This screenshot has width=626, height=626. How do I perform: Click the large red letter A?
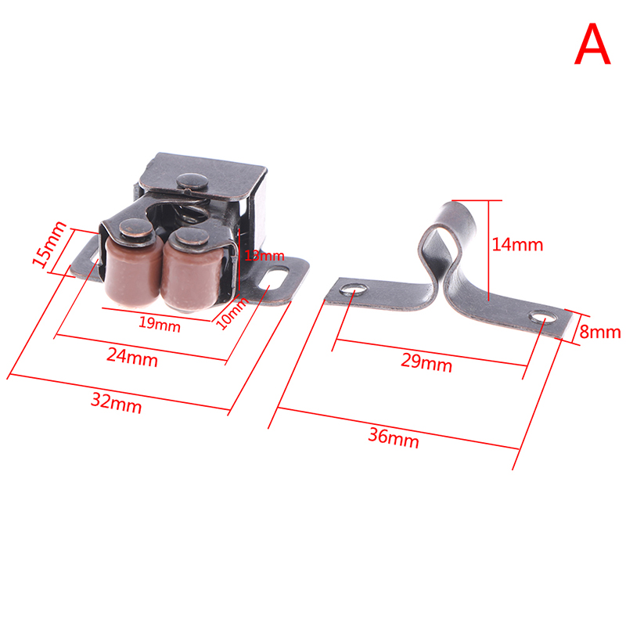592,44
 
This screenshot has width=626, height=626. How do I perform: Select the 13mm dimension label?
264,256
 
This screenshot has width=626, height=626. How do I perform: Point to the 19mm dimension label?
160,324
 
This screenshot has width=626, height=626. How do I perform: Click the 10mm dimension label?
232,314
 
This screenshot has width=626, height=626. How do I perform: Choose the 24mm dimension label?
132,357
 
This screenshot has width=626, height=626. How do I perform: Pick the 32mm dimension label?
116,402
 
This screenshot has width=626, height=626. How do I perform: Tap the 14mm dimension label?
517,244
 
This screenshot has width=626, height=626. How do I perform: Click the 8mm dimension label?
600,331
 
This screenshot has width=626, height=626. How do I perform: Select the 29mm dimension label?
426,362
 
